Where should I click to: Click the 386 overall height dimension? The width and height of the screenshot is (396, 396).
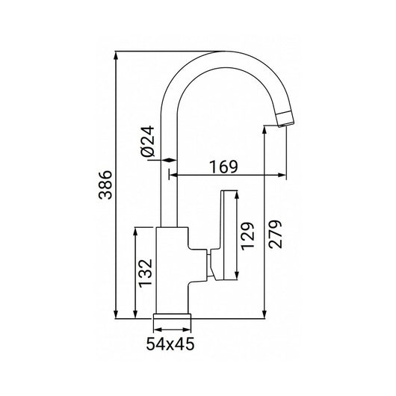[x=105, y=184]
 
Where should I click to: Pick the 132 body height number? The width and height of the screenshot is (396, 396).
[x=146, y=273]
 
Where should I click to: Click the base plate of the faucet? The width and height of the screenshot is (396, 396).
[x=173, y=317]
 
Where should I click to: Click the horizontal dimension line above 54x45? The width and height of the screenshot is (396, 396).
[x=173, y=329]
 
